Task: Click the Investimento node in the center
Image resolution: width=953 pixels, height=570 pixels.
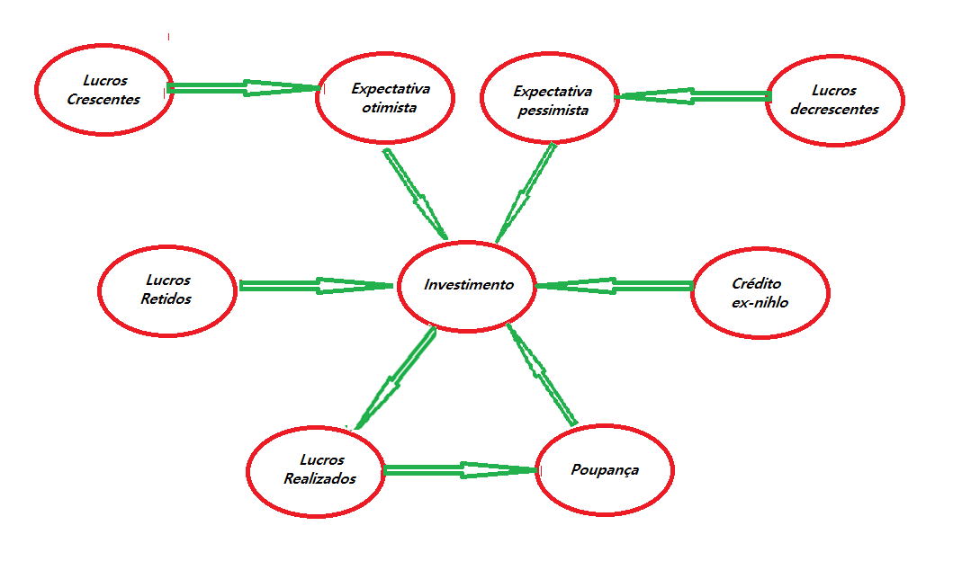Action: (x=468, y=285)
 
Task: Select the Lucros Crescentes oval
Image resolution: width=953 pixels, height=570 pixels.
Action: (x=103, y=90)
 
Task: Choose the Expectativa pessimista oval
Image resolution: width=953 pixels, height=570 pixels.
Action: (x=550, y=101)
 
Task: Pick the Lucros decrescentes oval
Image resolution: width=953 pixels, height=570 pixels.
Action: (x=834, y=100)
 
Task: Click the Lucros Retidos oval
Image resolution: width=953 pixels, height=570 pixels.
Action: (x=166, y=289)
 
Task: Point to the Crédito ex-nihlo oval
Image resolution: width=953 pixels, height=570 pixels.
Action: (x=760, y=293)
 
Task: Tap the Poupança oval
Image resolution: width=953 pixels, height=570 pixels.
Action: (x=605, y=470)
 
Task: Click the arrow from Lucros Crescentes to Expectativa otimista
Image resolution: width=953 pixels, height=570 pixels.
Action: (x=243, y=88)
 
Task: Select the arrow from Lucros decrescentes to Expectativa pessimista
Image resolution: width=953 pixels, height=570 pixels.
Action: (x=693, y=95)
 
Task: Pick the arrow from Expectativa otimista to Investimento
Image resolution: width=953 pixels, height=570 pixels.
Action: (x=416, y=193)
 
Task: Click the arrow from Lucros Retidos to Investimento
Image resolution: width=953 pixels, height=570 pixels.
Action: (x=315, y=286)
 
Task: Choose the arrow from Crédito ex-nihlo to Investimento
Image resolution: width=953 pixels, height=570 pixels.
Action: (x=615, y=286)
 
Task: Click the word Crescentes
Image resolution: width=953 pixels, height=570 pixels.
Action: (x=103, y=99)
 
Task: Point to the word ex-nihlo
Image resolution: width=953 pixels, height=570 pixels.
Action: (x=760, y=303)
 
